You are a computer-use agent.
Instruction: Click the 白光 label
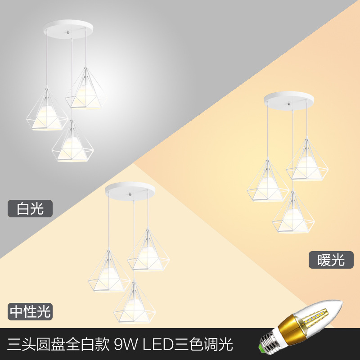(30, 209)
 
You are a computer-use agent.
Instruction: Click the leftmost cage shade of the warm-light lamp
(267, 182)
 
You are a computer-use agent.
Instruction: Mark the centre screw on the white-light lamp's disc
(68, 33)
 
